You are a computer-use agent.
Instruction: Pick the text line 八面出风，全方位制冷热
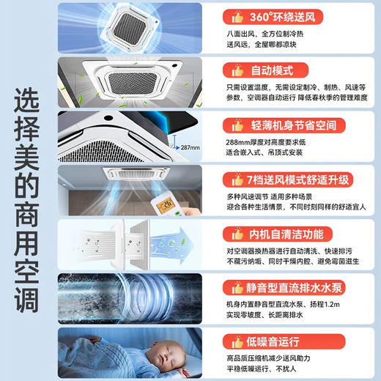tap(265, 34)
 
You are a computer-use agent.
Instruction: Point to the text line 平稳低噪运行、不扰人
tap(265, 369)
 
